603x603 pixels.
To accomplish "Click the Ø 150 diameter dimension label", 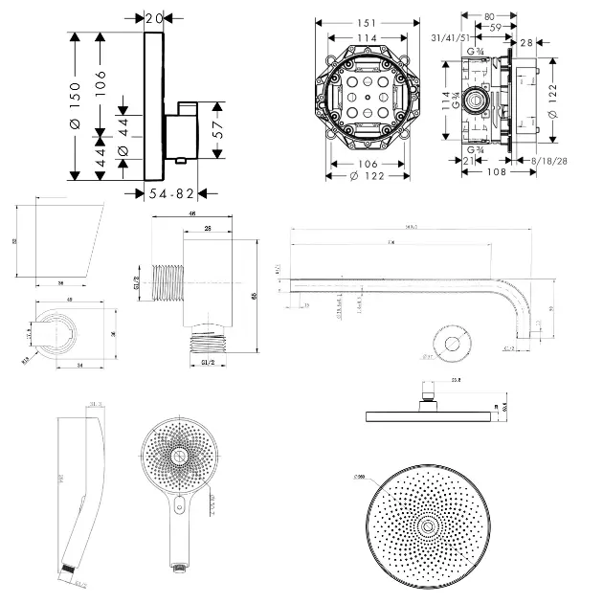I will click(x=74, y=105).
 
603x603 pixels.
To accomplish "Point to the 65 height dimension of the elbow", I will click(x=255, y=296).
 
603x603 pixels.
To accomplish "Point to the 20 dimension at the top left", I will click(x=155, y=17).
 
